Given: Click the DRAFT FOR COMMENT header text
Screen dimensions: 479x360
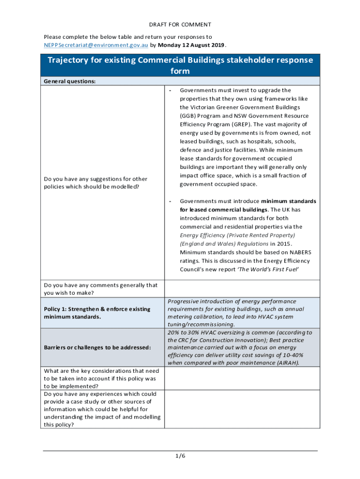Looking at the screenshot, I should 180,24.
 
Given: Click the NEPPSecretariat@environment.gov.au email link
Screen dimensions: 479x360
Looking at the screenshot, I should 96,45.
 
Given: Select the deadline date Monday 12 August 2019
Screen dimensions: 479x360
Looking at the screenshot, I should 192,45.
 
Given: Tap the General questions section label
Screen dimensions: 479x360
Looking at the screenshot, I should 70,81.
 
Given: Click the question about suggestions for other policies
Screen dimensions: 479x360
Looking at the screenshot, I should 95,182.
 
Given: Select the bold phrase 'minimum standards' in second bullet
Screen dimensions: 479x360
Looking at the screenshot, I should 288,201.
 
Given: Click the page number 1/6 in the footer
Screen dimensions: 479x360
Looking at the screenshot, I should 180,457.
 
